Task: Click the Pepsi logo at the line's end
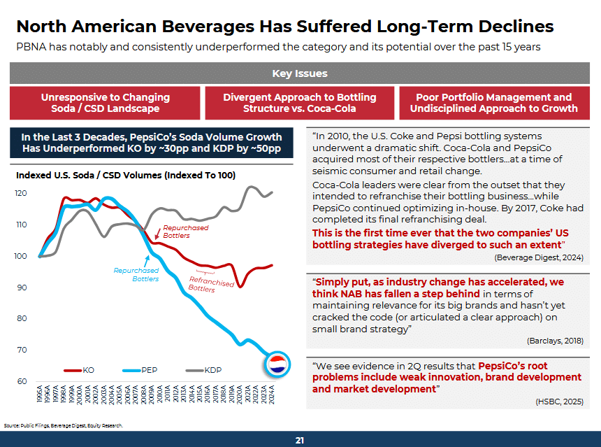tap(277, 363)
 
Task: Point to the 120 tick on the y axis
tap(22, 193)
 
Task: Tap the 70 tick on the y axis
tap(23, 350)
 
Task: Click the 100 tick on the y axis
tap(22, 256)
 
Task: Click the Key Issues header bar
tap(300, 73)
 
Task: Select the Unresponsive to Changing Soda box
tap(105, 103)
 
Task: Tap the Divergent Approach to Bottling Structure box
tap(299, 103)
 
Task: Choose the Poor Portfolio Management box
tap(493, 103)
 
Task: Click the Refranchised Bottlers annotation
tap(211, 284)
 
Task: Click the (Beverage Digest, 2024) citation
tap(539, 257)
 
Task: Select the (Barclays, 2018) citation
tap(555, 340)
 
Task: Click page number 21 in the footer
tap(300, 440)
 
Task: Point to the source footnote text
tap(63, 425)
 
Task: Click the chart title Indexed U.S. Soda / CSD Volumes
tap(126, 175)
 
